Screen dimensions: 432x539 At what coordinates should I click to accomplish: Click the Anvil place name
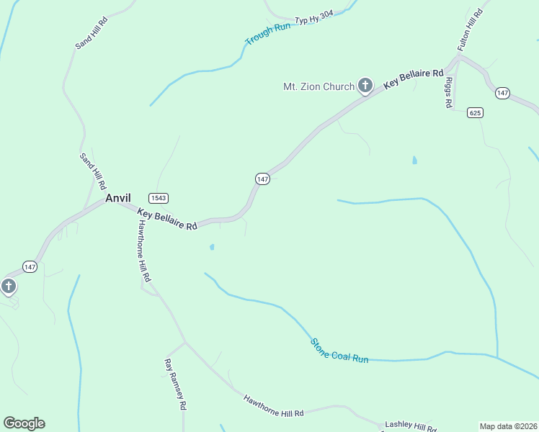click(117, 198)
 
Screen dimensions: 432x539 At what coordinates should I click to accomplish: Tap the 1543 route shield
click(159, 198)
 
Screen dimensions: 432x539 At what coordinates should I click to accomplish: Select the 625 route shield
click(474, 112)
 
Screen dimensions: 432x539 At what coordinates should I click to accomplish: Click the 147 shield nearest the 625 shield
click(502, 93)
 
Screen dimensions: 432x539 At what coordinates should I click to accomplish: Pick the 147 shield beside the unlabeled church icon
click(30, 266)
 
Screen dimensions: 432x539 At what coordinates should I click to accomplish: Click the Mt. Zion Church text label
click(318, 87)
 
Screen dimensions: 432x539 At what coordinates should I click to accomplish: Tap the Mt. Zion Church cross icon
click(365, 86)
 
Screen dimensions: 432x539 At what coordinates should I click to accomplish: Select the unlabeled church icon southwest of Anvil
click(8, 287)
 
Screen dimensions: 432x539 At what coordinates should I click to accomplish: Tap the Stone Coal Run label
click(339, 350)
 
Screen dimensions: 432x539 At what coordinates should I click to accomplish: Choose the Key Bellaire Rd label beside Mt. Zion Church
click(413, 79)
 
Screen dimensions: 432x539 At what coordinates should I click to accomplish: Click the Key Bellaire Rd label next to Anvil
click(167, 220)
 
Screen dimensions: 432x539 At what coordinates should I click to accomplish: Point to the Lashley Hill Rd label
click(410, 426)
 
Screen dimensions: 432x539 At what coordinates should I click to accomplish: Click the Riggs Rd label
click(448, 92)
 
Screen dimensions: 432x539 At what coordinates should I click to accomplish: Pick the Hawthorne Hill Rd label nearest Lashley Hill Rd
click(273, 406)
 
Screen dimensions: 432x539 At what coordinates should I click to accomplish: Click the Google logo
click(24, 423)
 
